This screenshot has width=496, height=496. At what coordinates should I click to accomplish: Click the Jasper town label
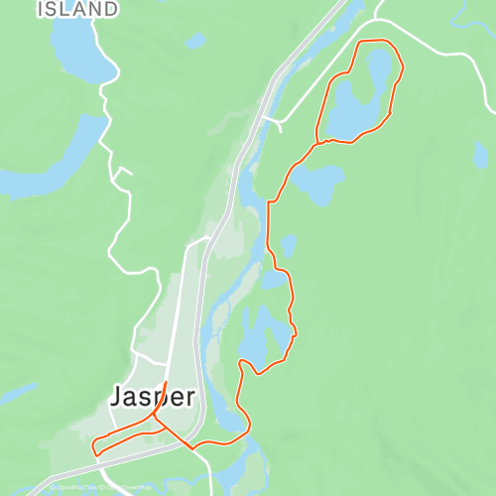(x=152, y=396)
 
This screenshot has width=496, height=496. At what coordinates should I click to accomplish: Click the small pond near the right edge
(x=481, y=154)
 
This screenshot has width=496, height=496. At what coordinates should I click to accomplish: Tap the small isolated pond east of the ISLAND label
(x=195, y=42)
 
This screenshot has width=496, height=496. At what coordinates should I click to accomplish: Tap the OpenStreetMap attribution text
(x=129, y=487)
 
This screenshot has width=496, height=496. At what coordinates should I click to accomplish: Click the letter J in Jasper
(x=116, y=396)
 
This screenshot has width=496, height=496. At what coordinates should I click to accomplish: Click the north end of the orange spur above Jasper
(x=165, y=382)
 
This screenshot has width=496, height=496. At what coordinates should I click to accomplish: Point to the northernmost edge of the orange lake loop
(x=372, y=41)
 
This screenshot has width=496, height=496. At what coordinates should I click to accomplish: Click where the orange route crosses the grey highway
(x=189, y=443)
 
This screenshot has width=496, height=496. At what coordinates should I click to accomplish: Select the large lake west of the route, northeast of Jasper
(x=260, y=337)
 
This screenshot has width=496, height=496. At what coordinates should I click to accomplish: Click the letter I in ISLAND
(x=42, y=9)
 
